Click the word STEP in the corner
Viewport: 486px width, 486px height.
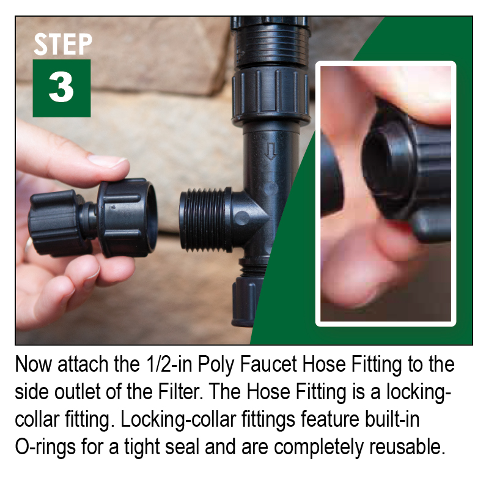(63, 45)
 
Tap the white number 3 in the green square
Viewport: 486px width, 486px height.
(61, 87)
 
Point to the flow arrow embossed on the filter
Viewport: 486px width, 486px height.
(271, 151)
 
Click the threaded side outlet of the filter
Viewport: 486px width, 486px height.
(205, 220)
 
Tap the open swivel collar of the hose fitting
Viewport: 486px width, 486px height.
(128, 218)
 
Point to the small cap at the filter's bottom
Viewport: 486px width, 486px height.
(246, 301)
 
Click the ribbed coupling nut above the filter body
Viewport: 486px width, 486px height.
(270, 95)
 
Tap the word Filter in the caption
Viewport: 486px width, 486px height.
(181, 392)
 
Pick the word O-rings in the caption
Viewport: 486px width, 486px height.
(45, 447)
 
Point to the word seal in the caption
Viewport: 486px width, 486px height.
(182, 446)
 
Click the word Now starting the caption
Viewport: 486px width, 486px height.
(33, 364)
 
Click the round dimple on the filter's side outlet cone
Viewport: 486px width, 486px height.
(241, 218)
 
